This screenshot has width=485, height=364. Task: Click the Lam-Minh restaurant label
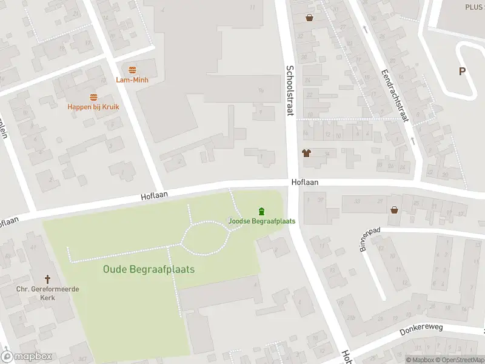pos(132,79)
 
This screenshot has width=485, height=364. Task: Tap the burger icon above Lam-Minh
pos(132,70)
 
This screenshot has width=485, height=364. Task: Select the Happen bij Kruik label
pos(93,107)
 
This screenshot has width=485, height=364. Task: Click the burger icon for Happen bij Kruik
pos(93,97)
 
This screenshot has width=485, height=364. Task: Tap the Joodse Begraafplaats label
pos(262,221)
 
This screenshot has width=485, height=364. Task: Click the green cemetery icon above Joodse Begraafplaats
pos(261,211)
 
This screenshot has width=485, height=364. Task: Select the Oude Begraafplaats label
pos(149,269)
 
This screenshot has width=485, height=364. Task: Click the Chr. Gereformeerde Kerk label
pos(48,292)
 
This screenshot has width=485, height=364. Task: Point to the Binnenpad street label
pos(370,240)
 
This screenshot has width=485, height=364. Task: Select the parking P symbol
pos(462,71)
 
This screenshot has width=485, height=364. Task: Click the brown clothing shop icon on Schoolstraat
pos(306,153)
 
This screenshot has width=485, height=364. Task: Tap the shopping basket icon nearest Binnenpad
pos(395,210)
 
